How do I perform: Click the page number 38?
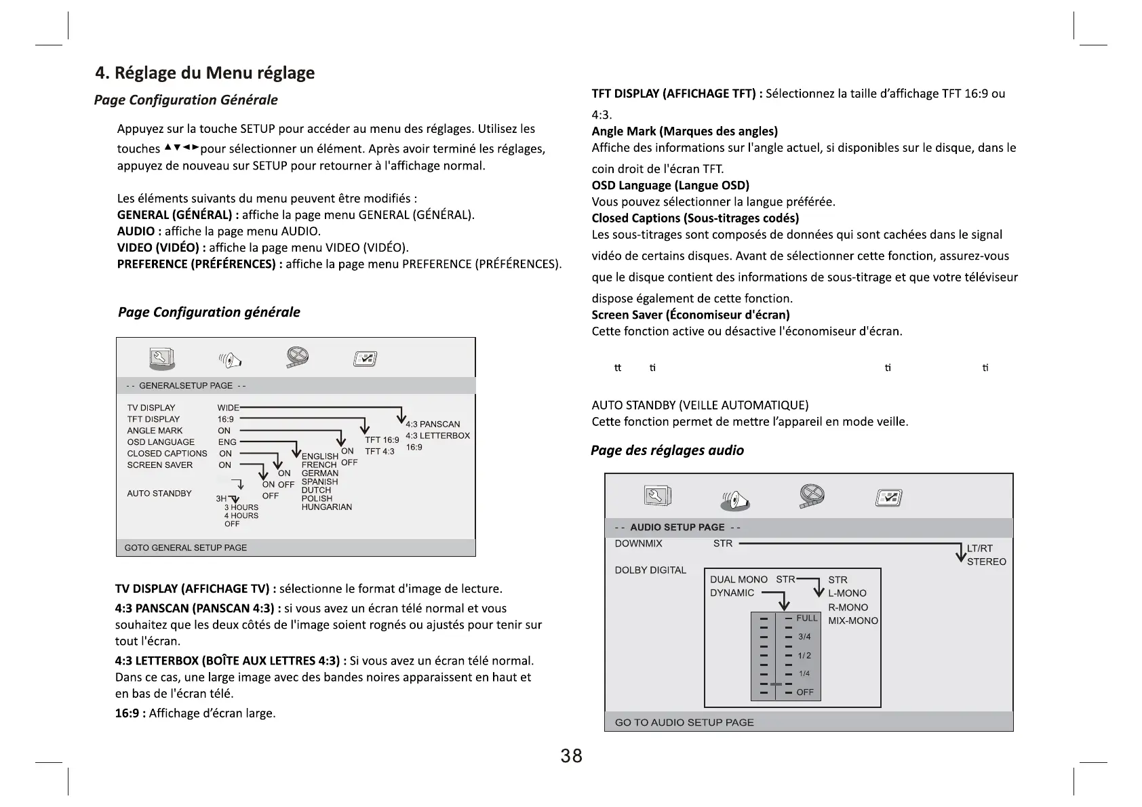(571, 755)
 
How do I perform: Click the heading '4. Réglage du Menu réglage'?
(205, 73)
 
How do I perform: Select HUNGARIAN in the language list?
(326, 507)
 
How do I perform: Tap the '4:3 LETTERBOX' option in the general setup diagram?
(437, 435)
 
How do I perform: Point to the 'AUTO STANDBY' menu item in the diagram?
(159, 493)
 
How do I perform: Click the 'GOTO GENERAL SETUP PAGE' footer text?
(186, 547)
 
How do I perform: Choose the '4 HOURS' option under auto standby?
(241, 515)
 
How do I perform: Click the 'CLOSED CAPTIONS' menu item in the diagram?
(167, 453)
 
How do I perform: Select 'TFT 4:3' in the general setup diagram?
(379, 451)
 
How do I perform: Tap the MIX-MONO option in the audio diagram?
(853, 621)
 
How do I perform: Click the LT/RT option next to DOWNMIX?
(979, 548)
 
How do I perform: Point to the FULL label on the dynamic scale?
(807, 618)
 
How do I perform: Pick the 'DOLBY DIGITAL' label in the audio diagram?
(650, 570)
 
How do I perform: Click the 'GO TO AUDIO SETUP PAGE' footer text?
(684, 722)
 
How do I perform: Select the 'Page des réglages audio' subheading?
(667, 450)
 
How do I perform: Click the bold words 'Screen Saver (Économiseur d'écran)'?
(690, 315)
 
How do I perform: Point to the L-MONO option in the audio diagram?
(847, 593)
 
